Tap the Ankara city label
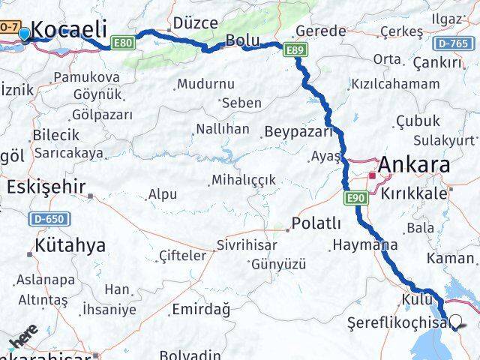coord(415,165)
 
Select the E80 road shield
coord(124,43)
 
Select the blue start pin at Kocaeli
coord(24,34)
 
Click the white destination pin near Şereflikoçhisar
coord(456,322)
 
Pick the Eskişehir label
coord(46,187)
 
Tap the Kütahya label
coord(70,245)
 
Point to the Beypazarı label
coord(298,131)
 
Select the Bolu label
coord(243,40)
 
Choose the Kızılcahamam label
coord(395,83)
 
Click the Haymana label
coord(365,244)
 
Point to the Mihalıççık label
coord(244,180)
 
